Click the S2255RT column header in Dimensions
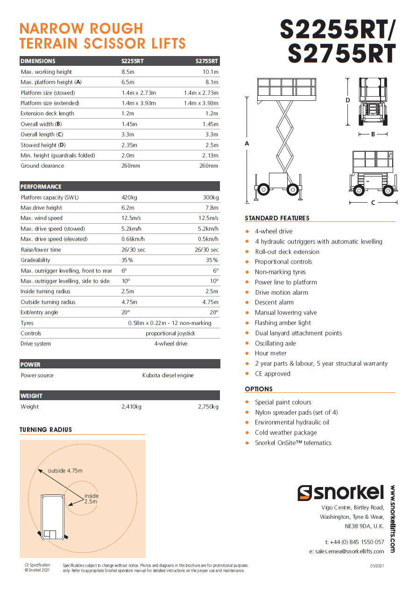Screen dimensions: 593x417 [133, 61]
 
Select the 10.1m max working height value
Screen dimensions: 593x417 [210, 72]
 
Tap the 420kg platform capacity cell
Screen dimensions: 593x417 [129, 198]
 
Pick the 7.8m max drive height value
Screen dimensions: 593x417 [212, 208]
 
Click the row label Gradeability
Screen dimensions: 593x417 [35, 260]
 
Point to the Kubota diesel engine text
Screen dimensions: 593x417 [168, 375]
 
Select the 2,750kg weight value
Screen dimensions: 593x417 [208, 407]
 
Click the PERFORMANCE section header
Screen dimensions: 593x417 [41, 187]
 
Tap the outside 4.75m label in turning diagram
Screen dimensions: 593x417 [65, 471]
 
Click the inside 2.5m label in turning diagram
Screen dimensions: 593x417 [91, 499]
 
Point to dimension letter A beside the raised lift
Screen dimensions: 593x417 [247, 143]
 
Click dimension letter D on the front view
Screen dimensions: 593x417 [348, 100]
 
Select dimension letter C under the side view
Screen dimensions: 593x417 [373, 203]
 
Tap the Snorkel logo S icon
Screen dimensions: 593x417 [304, 493]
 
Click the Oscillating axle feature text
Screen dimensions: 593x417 [275, 343]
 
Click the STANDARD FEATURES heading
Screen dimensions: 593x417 [277, 218]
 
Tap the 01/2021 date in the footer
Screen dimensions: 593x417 [377, 566]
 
